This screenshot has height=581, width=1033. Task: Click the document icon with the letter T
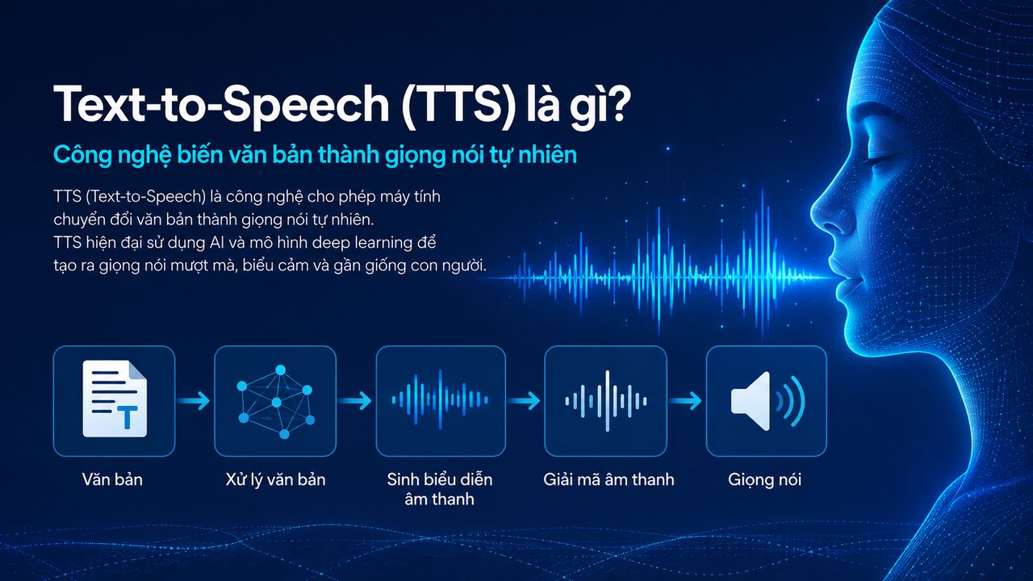tap(115, 399)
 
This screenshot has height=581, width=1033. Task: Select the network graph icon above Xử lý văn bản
tap(275, 402)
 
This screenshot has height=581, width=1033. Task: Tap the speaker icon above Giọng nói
tap(767, 401)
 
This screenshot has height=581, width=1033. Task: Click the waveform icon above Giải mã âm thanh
tap(606, 401)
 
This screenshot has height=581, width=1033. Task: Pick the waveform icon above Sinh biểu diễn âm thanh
tap(440, 399)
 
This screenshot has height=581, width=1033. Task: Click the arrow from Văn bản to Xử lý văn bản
tap(194, 400)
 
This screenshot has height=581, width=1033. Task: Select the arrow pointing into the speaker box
tap(686, 400)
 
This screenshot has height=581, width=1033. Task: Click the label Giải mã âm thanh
tap(609, 479)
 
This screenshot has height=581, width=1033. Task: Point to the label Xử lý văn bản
tap(275, 479)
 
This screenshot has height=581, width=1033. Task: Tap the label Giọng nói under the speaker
tap(764, 480)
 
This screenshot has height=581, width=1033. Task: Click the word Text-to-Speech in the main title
tap(221, 104)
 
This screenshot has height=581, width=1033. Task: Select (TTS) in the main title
tap(458, 104)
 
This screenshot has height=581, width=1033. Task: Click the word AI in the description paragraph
tap(216, 243)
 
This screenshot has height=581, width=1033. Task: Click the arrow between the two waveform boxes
tap(524, 400)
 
